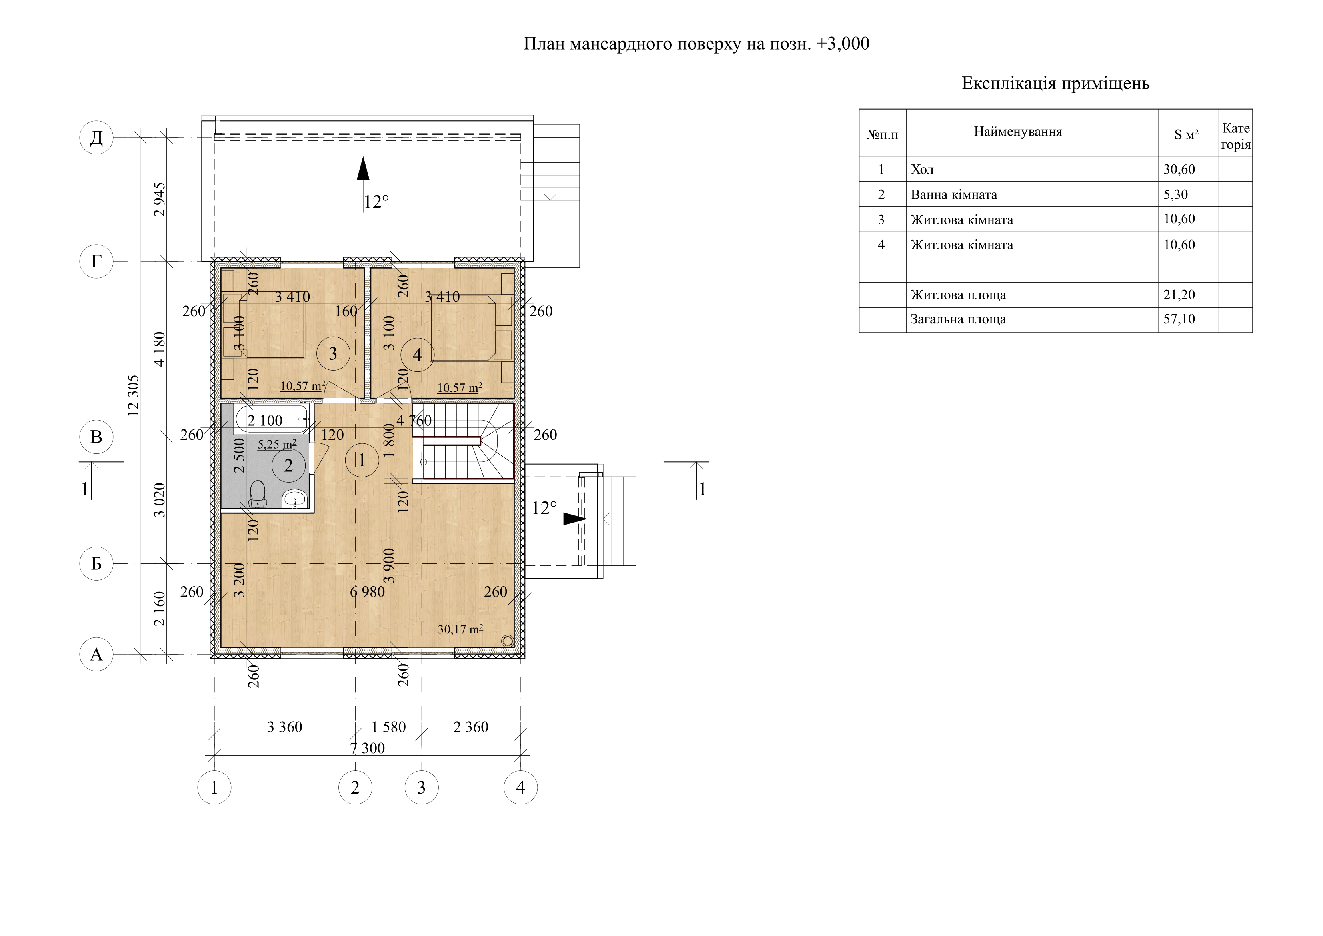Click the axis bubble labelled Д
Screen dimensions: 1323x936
(x=96, y=138)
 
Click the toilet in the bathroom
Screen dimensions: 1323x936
(x=258, y=494)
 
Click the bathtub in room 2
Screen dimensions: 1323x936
(x=272, y=419)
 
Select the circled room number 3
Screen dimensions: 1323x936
(x=333, y=353)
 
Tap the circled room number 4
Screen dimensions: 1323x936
(x=417, y=355)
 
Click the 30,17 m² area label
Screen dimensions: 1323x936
(x=460, y=629)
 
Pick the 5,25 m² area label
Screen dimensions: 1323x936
(x=277, y=444)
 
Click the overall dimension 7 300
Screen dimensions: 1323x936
(x=368, y=748)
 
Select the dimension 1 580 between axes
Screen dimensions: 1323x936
(x=388, y=727)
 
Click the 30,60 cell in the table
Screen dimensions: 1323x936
(x=1179, y=169)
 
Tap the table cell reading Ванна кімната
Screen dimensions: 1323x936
(x=954, y=195)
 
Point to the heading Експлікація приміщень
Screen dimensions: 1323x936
(x=1056, y=84)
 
